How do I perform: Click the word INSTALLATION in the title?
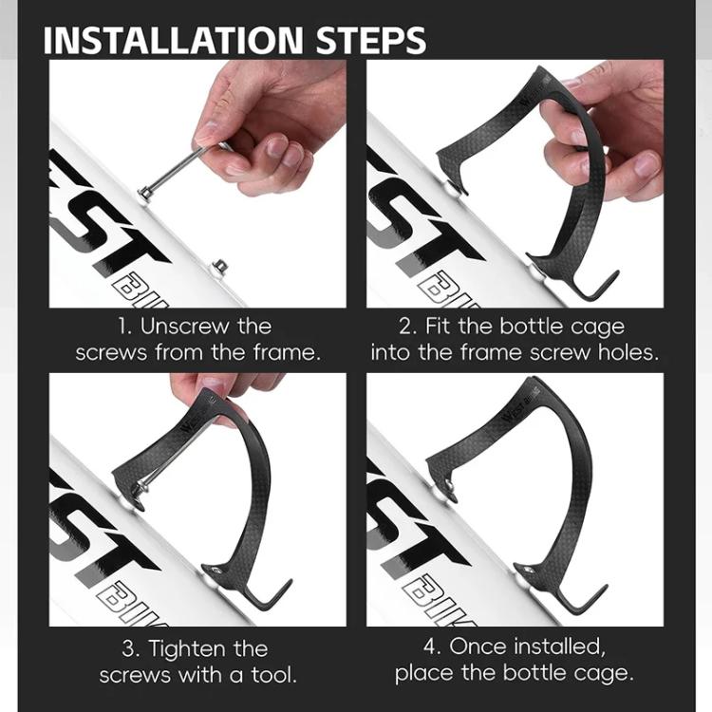[x=173, y=40]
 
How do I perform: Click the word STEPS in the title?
[x=371, y=40]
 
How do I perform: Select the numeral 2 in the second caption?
[x=405, y=327]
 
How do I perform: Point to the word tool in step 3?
[x=273, y=675]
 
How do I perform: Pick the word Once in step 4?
[x=478, y=646]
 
